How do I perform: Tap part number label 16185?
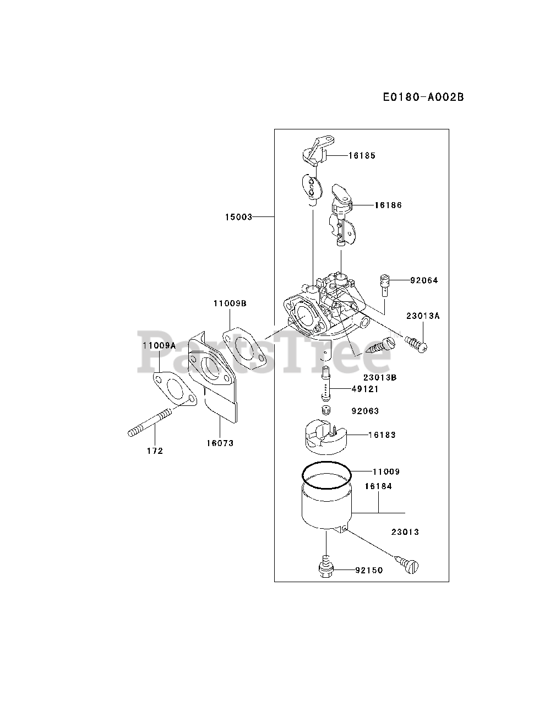click(x=362, y=156)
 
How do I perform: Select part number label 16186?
click(x=388, y=205)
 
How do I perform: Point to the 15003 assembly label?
click(x=238, y=217)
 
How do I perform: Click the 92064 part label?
click(x=424, y=280)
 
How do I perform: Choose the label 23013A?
click(x=423, y=316)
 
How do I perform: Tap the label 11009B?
click(x=230, y=303)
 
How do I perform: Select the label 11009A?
click(x=159, y=346)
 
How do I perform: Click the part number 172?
click(x=155, y=451)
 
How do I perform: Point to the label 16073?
click(x=220, y=443)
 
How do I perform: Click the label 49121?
click(x=366, y=389)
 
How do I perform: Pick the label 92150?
click(x=369, y=570)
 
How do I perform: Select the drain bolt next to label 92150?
click(x=325, y=567)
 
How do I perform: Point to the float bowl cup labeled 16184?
click(x=325, y=507)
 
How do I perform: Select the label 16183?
click(x=382, y=435)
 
